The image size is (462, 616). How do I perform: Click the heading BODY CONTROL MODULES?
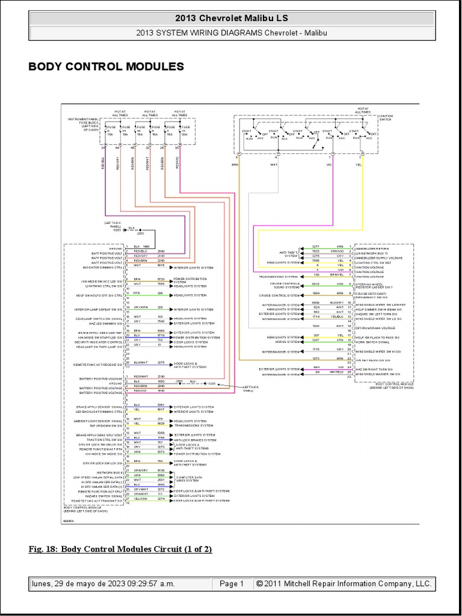tap(106, 66)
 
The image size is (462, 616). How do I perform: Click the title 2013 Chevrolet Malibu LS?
tap(231, 17)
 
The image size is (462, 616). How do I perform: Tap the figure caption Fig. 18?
tap(120, 549)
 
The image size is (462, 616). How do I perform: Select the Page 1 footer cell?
tap(232, 584)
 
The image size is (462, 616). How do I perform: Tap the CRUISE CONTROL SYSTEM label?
tap(279, 295)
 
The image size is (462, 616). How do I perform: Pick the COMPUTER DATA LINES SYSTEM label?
tap(192, 478)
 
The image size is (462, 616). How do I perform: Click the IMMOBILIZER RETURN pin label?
tap(373, 247)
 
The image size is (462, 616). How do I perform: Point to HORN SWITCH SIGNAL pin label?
tap(374, 341)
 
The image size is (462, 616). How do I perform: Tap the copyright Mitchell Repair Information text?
tap(343, 584)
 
